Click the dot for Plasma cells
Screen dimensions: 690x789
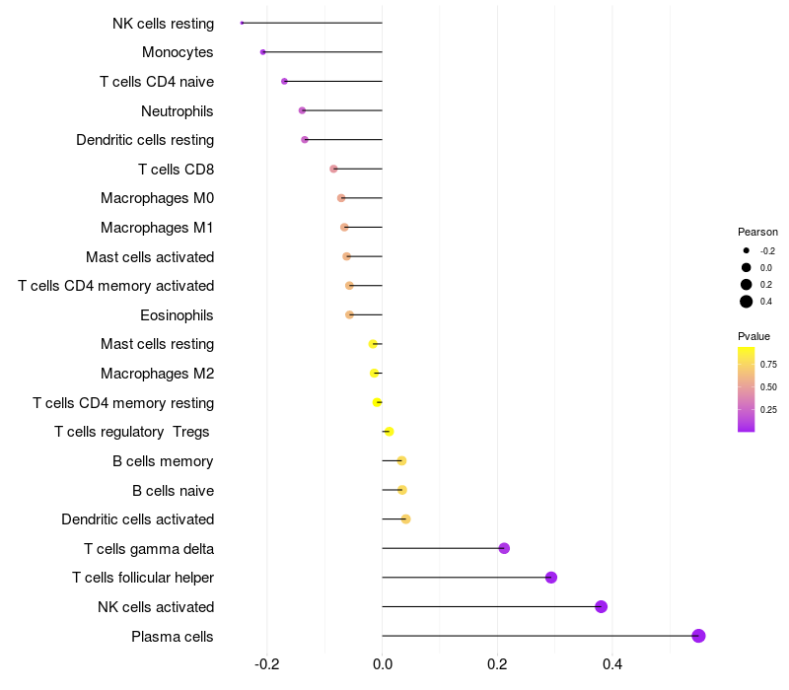tap(698, 636)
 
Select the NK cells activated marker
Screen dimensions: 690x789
tap(601, 606)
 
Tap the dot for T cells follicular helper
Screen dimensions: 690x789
tap(551, 578)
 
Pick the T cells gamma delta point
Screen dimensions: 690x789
tap(504, 548)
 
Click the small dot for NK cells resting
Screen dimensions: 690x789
tap(242, 23)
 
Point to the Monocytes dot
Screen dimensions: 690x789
tap(262, 52)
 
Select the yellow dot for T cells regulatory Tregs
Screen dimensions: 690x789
tap(389, 432)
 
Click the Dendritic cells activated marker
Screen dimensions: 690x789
tap(405, 519)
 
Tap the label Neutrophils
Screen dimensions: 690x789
tap(178, 110)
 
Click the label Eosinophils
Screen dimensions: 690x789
tap(178, 315)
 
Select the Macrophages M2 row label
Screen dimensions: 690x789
tap(158, 374)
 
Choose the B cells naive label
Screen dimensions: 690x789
tap(174, 490)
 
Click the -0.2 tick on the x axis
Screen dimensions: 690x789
tap(267, 664)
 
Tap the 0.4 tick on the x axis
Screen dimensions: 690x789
tap(612, 664)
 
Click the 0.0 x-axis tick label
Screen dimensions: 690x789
tap(382, 664)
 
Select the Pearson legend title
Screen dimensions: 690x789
tap(757, 232)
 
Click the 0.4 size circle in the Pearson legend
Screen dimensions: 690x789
tap(747, 302)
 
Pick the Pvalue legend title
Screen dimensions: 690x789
tap(754, 336)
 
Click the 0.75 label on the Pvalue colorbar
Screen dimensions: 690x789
tap(768, 364)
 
